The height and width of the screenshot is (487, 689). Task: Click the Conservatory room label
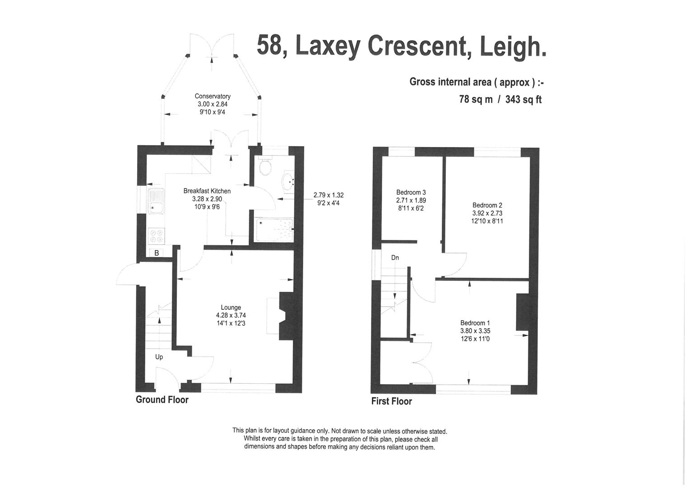click(x=213, y=96)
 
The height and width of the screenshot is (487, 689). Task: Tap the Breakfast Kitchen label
click(x=207, y=191)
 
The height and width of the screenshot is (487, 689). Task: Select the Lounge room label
click(x=231, y=308)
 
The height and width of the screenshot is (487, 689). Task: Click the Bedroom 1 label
click(x=475, y=323)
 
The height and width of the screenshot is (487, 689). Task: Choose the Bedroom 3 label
click(x=411, y=192)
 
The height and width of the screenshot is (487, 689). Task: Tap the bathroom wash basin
click(x=287, y=181)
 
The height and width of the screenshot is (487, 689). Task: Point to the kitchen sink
click(x=156, y=201)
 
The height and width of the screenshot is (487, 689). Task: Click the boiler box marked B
click(x=157, y=253)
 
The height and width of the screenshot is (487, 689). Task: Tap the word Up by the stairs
click(x=159, y=357)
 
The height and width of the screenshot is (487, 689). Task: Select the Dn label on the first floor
click(x=395, y=258)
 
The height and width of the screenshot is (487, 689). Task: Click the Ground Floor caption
click(x=162, y=400)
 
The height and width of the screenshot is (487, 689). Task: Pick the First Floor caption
click(x=391, y=401)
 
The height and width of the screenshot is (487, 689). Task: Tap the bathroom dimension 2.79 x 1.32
click(x=328, y=195)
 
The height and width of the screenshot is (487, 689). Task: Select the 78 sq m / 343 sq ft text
click(x=500, y=100)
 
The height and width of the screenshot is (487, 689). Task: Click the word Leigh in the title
click(x=512, y=46)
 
